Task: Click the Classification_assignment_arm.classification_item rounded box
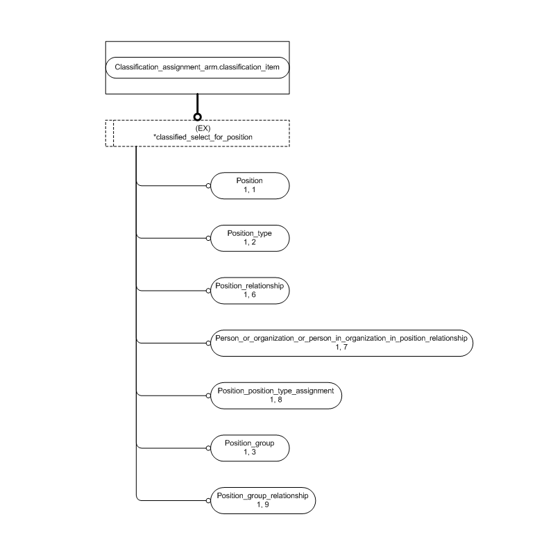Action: tap(197, 67)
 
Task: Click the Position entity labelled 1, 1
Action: tap(249, 185)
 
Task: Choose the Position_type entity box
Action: tap(249, 238)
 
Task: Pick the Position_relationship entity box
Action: tap(249, 290)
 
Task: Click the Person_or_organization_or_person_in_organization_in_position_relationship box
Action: tap(340, 342)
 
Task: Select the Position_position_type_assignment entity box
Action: tap(275, 395)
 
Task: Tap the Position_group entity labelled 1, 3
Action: tap(249, 447)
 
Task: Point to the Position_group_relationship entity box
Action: tap(262, 500)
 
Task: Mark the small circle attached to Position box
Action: tap(208, 185)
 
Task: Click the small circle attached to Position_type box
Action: tap(208, 238)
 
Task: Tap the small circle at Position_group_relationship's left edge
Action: tap(208, 500)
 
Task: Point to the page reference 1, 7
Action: tap(340, 347)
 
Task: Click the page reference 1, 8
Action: tap(275, 400)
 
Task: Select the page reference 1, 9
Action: tap(262, 504)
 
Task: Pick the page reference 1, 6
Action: tap(249, 295)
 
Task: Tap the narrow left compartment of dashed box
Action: tap(109, 133)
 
